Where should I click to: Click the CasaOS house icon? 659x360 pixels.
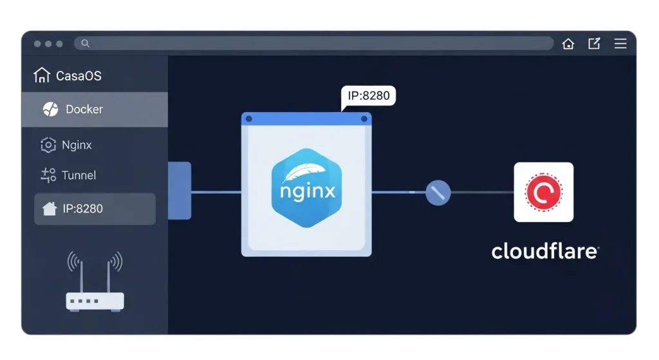coord(41,75)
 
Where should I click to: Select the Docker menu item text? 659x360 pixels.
coord(84,109)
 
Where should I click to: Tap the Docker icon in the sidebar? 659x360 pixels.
coord(50,109)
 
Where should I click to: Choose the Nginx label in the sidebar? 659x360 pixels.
coord(77,145)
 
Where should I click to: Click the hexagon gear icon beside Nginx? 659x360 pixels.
coord(48,145)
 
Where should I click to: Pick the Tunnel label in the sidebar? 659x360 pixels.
coord(79,175)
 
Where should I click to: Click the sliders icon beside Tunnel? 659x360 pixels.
coord(48,175)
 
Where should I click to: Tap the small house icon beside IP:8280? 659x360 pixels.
coord(49,209)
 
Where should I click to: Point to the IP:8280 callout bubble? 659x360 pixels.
coord(368,96)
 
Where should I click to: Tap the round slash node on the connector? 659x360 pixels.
coord(438,192)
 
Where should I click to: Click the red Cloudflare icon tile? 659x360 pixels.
coord(544,192)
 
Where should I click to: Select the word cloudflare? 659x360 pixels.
coord(544,251)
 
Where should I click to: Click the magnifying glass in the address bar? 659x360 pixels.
coord(85,44)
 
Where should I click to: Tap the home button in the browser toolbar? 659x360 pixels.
coord(568,44)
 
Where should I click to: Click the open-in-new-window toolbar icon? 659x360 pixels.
coord(594,44)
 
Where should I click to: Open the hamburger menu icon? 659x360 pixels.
coord(620,44)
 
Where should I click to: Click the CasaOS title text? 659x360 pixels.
coord(79,76)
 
